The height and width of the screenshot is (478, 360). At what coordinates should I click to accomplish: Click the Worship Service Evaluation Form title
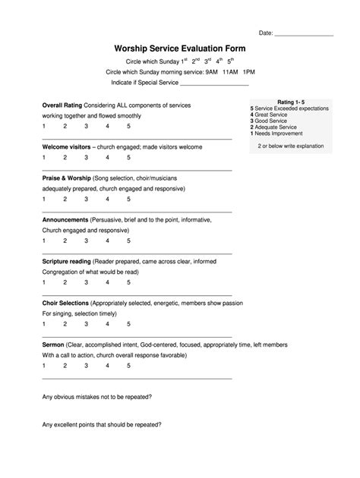(180, 47)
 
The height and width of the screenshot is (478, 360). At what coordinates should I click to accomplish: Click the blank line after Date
(303, 34)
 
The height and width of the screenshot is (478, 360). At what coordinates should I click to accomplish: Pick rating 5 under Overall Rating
(128, 127)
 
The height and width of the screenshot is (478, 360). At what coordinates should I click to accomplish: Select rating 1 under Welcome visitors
(44, 157)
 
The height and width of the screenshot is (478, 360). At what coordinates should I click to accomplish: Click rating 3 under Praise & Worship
(87, 199)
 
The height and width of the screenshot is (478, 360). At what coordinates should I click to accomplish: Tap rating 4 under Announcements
(108, 241)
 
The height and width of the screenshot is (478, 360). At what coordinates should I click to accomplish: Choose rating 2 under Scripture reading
(65, 281)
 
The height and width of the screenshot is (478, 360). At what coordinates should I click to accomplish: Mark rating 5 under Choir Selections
(128, 323)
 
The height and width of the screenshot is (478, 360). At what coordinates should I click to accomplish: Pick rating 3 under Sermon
(87, 365)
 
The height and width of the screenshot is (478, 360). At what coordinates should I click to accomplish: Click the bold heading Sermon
(54, 344)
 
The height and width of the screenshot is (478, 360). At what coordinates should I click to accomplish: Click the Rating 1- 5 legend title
(290, 101)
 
